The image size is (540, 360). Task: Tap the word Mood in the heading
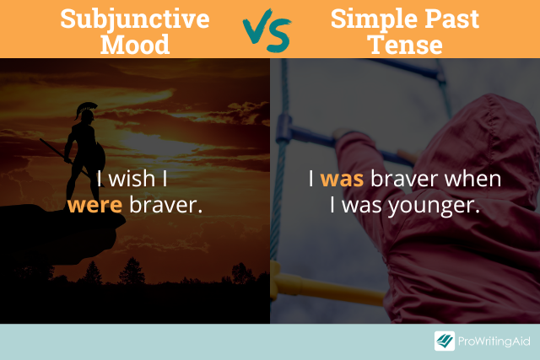click(135, 45)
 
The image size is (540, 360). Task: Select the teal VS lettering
click(267, 31)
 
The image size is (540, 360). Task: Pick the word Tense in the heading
click(405, 45)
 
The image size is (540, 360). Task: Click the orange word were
click(94, 206)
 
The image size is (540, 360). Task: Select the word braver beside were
click(166, 204)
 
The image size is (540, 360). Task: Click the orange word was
click(342, 180)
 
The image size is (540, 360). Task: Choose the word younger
click(434, 207)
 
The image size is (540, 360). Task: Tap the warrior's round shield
click(100, 156)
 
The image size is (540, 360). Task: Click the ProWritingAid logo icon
click(445, 341)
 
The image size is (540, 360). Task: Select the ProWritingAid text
click(494, 341)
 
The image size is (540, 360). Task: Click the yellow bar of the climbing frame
click(327, 288)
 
